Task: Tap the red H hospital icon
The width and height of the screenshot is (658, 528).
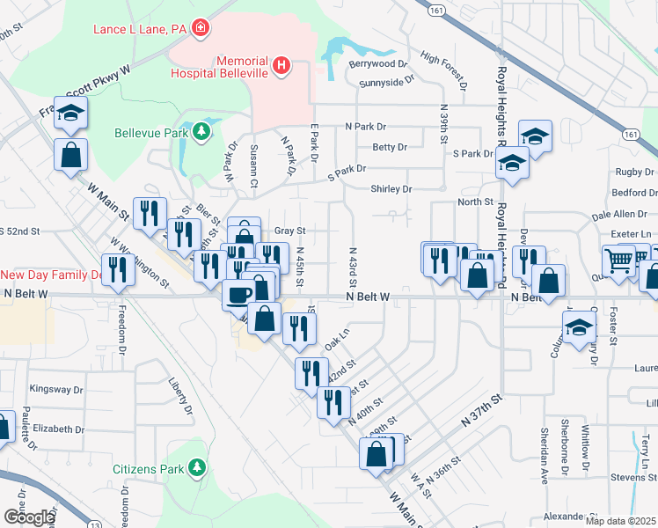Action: (x=281, y=64)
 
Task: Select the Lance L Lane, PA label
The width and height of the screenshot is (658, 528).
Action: (x=142, y=29)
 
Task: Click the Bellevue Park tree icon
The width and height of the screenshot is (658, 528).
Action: (x=202, y=133)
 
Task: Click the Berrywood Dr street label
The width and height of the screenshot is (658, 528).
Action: (x=379, y=64)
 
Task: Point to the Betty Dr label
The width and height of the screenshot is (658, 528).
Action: (x=390, y=147)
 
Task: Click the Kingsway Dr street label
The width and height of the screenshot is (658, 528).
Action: (x=56, y=389)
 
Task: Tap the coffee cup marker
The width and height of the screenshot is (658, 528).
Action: (x=239, y=293)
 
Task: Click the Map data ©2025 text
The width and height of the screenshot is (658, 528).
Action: (x=620, y=521)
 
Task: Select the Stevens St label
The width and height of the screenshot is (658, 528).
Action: (x=630, y=478)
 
